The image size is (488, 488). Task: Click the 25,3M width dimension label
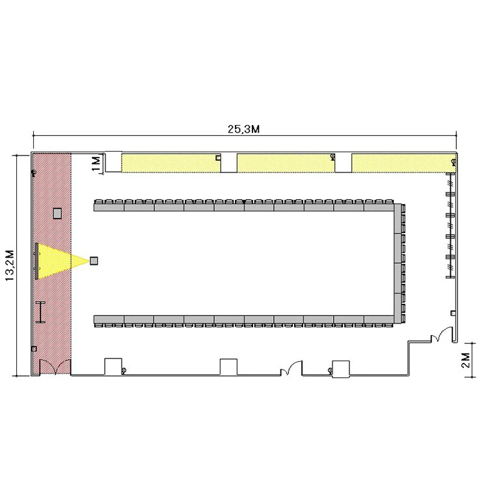click(x=243, y=129)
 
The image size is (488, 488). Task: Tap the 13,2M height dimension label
click(x=10, y=265)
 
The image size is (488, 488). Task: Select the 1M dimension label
click(x=96, y=163)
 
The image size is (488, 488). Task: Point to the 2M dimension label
click(x=466, y=360)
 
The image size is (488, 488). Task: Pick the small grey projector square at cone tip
click(x=94, y=260)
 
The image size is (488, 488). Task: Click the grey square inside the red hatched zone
click(x=57, y=213)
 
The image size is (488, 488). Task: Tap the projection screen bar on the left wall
click(x=36, y=261)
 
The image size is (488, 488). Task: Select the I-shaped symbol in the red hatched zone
click(x=40, y=312)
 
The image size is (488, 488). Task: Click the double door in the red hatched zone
click(x=55, y=367)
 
